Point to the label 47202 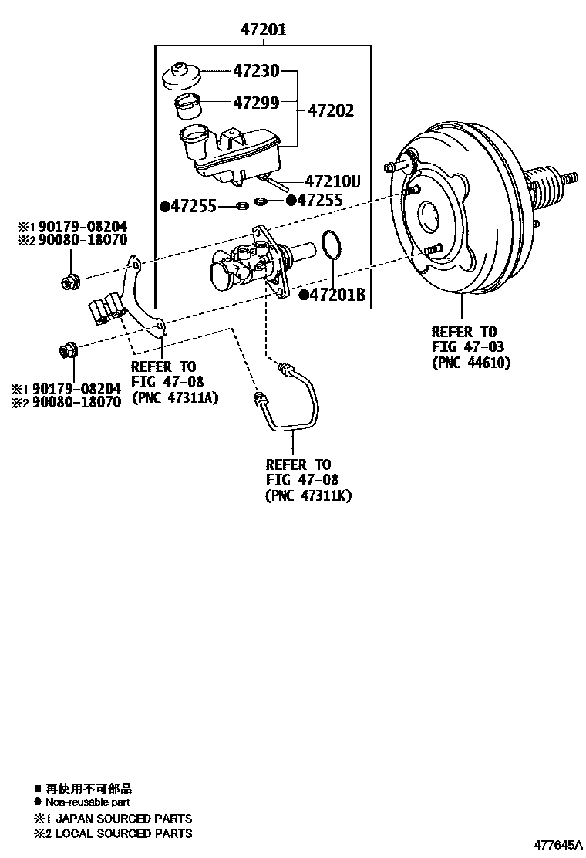331,111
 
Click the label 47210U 333,182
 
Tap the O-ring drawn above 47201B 331,245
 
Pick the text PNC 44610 471,362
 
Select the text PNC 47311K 308,495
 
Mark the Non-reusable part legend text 86,802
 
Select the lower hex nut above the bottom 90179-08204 68,351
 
